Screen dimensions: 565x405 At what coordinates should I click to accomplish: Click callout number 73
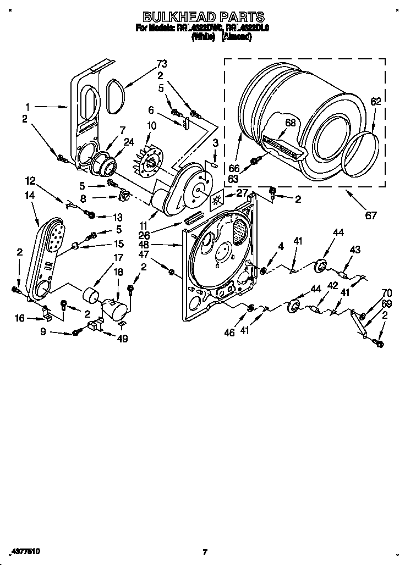click(x=161, y=63)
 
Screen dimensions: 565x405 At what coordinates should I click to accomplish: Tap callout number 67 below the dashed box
click(x=371, y=215)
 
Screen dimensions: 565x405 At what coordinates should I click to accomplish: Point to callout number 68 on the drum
click(x=290, y=123)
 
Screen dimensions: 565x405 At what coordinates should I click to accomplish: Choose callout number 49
click(x=122, y=339)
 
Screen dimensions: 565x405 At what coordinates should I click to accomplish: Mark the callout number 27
click(x=242, y=193)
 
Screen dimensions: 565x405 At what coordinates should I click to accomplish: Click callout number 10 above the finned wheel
click(x=151, y=126)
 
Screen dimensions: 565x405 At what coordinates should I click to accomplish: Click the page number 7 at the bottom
click(x=204, y=551)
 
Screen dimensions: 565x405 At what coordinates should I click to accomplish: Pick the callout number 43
click(x=355, y=250)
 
